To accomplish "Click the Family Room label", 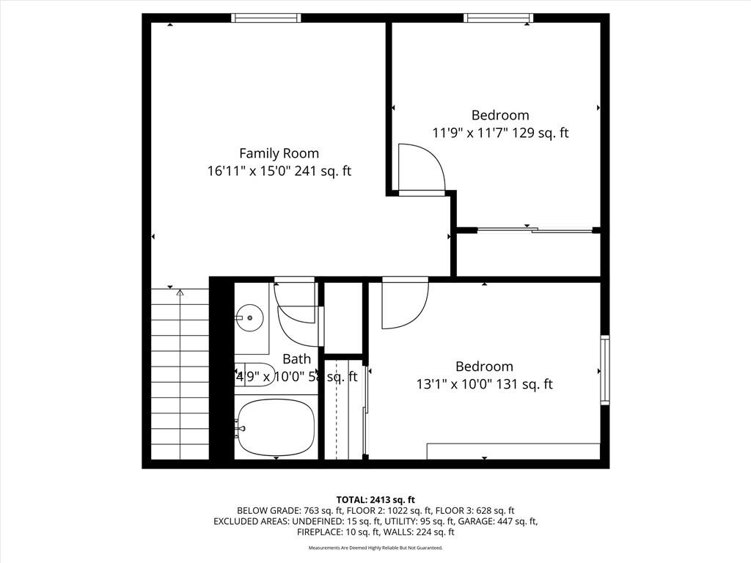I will click(279, 153).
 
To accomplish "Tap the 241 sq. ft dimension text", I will click(279, 172).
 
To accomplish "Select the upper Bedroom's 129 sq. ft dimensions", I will click(500, 133).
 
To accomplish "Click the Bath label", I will click(296, 358).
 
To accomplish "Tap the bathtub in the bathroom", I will click(277, 427).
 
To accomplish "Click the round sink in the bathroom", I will click(250, 318).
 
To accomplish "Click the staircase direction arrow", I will click(180, 293).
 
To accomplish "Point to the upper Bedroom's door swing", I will click(420, 169).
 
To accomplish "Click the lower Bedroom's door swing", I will click(403, 303).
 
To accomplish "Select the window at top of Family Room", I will click(265, 18).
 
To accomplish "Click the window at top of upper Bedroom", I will click(499, 18).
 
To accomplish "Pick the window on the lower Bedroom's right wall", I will click(605, 369).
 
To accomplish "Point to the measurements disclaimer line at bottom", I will click(375, 548).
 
